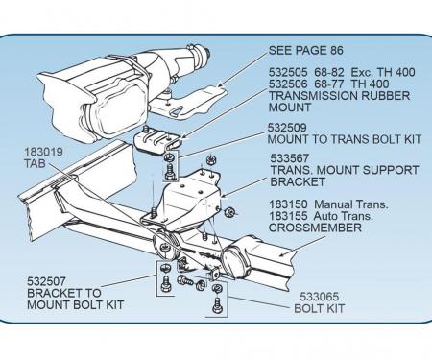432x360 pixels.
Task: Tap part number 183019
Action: [40, 151]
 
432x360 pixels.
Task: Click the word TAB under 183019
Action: [34, 163]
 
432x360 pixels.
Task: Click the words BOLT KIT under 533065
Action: [321, 310]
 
